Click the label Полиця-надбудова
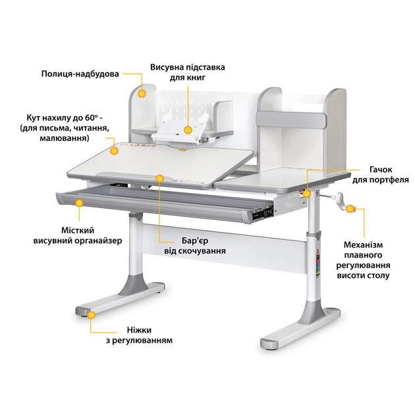point(80,74)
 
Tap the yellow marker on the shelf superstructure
point(142,94)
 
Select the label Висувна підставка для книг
point(188,72)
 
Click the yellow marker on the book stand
point(188,130)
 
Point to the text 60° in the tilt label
point(92,118)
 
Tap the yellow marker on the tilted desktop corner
point(114,151)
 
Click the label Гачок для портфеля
point(380,175)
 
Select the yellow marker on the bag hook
point(307,194)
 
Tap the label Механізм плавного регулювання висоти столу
point(363,260)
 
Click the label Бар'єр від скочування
point(195,246)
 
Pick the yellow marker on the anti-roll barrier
point(159,179)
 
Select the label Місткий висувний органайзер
point(78,236)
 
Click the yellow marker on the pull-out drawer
point(79,203)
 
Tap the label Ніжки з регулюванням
point(139,335)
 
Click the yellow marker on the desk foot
point(92,316)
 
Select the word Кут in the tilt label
point(32,118)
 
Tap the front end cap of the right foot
point(269,344)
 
